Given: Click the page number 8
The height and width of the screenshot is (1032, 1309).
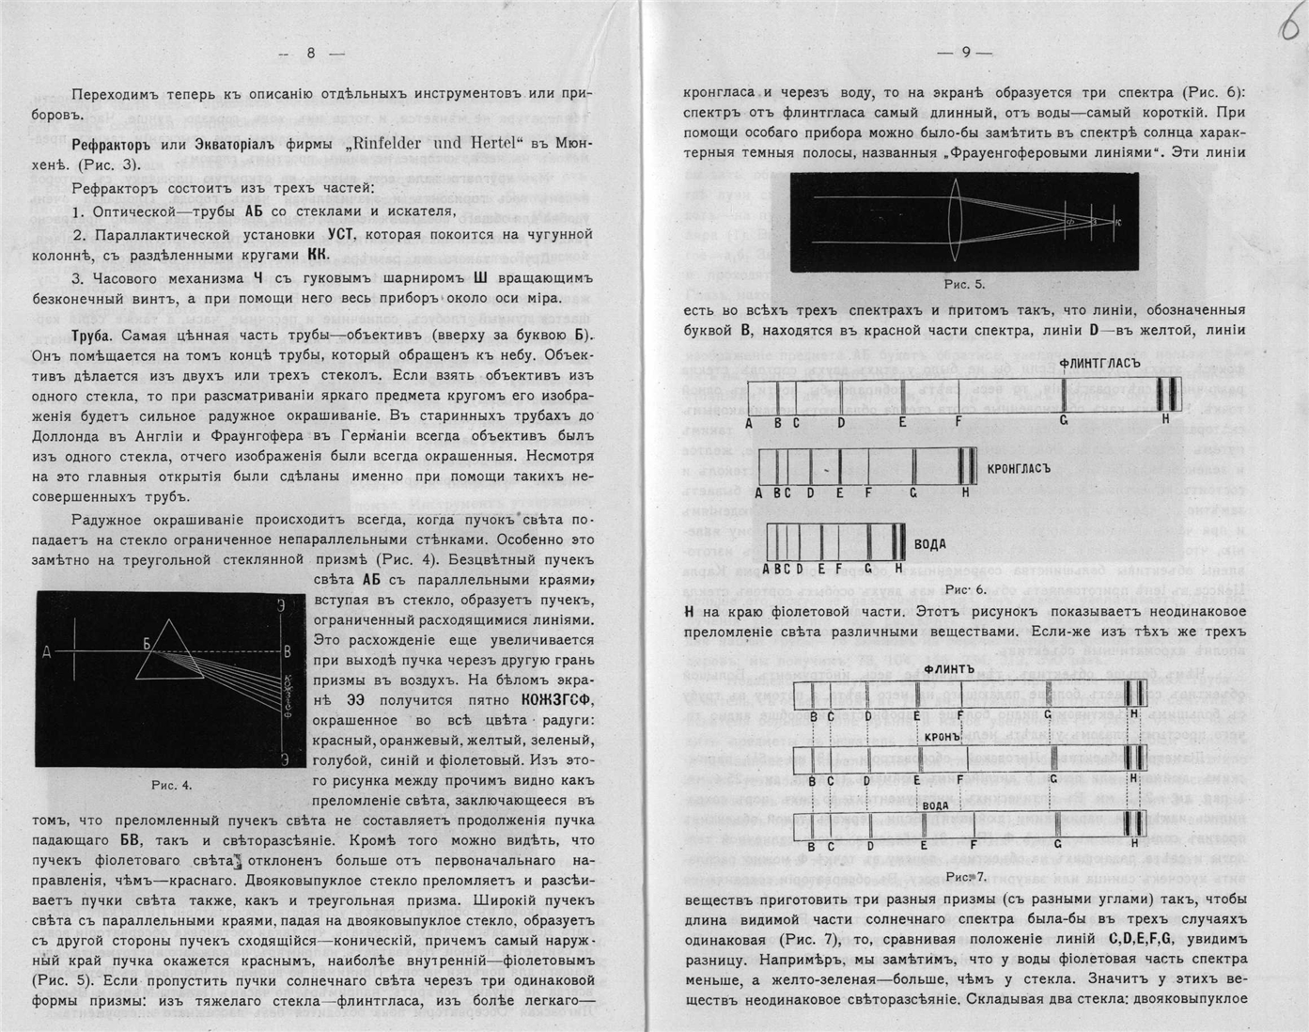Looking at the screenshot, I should (x=311, y=54).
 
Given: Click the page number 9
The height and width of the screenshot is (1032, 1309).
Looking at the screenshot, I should (x=965, y=54).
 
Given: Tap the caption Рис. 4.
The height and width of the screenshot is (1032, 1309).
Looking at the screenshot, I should (x=171, y=785).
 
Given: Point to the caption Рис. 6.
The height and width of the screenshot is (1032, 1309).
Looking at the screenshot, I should (x=965, y=589).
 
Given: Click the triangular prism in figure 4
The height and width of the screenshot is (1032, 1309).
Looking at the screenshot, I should (x=169, y=650).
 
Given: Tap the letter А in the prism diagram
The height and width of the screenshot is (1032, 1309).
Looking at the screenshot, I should (x=46, y=650).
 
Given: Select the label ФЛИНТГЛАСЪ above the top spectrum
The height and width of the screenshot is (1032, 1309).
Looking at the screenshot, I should (x=1099, y=363).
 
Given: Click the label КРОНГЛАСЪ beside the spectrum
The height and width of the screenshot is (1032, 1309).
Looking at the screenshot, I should (x=1019, y=467).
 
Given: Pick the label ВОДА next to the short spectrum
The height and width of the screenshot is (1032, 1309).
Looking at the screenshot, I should (x=930, y=544).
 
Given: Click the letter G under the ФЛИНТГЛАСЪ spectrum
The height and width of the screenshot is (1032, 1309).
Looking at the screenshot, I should (x=1064, y=421).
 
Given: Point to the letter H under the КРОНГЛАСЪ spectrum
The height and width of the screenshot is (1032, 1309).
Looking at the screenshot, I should (x=965, y=493).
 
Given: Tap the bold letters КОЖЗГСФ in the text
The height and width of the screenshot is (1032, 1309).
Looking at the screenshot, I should (x=558, y=700).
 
